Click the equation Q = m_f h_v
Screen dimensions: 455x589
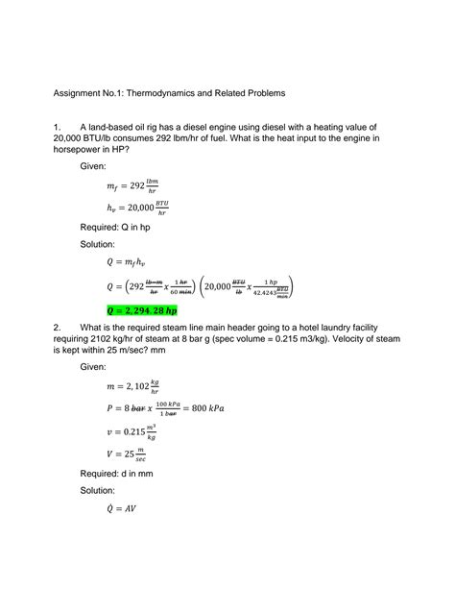point(133,261)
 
